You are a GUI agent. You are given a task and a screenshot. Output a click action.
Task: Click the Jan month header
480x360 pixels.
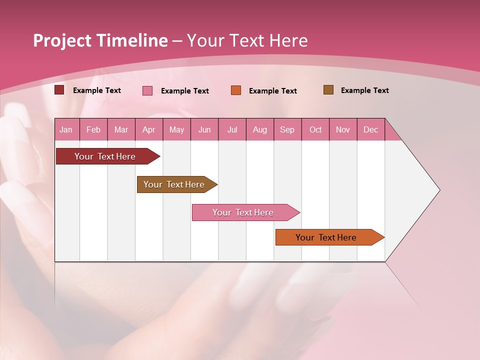click(x=66, y=129)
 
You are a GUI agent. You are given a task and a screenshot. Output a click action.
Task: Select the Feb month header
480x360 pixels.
click(x=93, y=129)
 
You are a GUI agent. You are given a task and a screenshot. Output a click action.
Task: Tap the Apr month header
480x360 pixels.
click(x=148, y=129)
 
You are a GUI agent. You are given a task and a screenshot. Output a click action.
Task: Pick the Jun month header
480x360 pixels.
click(x=204, y=129)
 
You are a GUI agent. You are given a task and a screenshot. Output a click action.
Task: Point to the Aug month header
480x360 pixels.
click(x=259, y=129)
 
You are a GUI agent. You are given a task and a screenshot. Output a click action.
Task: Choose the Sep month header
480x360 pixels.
click(x=287, y=129)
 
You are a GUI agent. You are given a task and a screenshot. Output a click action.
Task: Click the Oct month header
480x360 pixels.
click(x=315, y=129)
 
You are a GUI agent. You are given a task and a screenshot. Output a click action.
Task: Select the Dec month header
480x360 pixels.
click(x=370, y=129)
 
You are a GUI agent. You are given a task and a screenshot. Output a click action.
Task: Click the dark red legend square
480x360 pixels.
click(x=59, y=90)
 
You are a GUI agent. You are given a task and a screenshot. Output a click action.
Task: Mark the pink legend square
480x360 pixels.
click(x=147, y=90)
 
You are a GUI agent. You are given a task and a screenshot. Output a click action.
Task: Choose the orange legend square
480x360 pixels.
click(x=236, y=90)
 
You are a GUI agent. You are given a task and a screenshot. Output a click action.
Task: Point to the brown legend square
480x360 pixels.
click(x=328, y=90)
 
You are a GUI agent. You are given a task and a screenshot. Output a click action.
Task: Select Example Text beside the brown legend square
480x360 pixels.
click(x=364, y=90)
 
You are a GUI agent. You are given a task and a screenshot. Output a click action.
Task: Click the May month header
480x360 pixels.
click(x=176, y=129)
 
